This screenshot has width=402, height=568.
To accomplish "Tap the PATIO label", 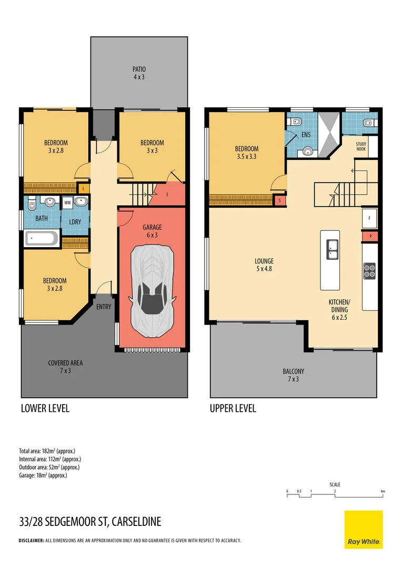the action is (x=139, y=69).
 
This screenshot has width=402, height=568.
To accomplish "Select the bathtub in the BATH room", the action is (x=42, y=238).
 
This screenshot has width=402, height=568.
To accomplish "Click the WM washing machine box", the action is (x=67, y=202).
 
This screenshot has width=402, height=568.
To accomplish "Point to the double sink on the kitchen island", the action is (x=333, y=249).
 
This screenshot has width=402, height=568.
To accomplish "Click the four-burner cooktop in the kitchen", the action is (x=369, y=271).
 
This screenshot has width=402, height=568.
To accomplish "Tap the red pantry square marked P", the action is (x=370, y=236).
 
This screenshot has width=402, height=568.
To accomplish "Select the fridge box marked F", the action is (x=370, y=218).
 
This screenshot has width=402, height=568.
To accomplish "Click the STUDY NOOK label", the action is (x=361, y=146).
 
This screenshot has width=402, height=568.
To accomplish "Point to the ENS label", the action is (x=306, y=135).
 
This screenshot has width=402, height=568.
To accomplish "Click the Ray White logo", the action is (x=364, y=530).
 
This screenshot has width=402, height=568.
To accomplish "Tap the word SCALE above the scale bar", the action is (x=335, y=484).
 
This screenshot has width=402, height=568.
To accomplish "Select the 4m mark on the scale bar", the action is (x=383, y=492).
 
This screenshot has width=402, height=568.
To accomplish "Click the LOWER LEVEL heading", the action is (x=45, y=408).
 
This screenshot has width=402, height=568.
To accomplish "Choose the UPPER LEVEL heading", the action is (x=233, y=408).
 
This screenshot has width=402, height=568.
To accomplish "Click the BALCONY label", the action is (x=294, y=371).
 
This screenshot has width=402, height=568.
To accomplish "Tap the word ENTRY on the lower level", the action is (x=104, y=307).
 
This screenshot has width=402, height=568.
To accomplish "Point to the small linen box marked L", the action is (x=84, y=188).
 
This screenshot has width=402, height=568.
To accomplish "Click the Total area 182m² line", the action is (x=47, y=451).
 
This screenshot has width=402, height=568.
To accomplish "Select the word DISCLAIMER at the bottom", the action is (x=31, y=541).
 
